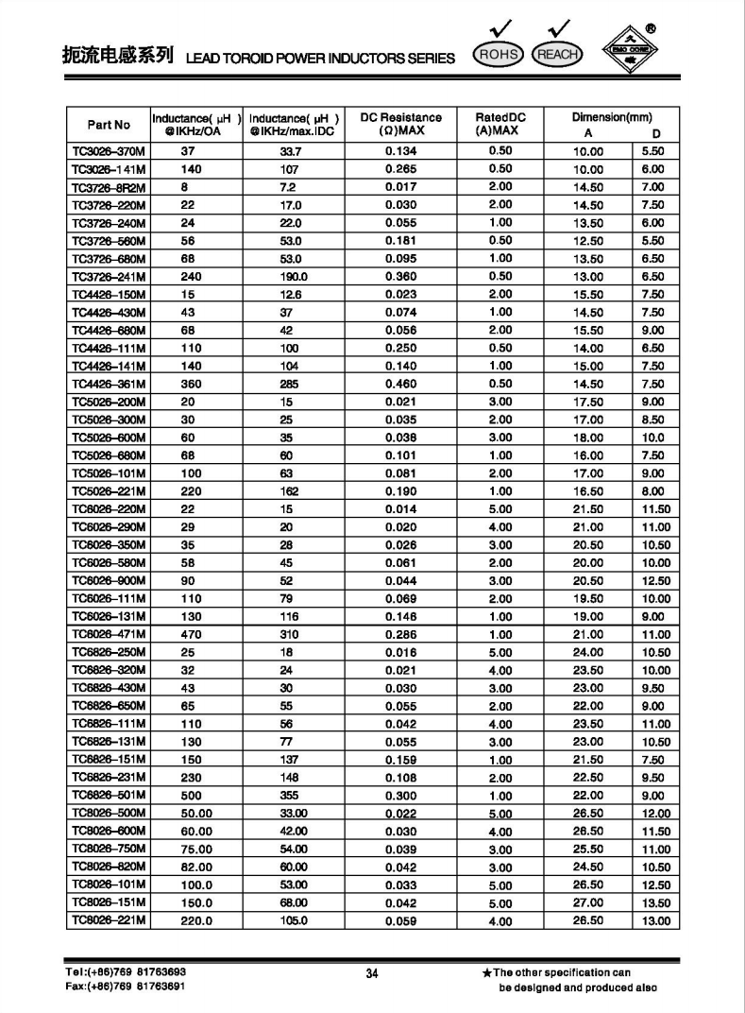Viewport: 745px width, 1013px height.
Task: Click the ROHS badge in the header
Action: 499,55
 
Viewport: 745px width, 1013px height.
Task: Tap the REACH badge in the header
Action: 556,55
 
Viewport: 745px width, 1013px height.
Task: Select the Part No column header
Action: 109,125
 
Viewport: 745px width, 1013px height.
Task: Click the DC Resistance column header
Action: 400,124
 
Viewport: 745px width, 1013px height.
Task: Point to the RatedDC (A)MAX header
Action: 499,124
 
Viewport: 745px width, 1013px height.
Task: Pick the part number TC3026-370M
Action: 109,150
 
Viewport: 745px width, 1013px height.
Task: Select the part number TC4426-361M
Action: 109,384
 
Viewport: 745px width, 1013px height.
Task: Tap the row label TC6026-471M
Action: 109,635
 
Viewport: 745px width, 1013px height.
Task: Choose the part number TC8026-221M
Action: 109,921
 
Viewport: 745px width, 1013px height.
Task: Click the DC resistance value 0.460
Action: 400,384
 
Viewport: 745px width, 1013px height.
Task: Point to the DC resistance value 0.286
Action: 400,635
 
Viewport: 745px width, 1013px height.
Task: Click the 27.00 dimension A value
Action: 587,903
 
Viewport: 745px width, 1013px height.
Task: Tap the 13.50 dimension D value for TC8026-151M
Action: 656,903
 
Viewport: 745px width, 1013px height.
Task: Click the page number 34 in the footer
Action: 371,973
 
